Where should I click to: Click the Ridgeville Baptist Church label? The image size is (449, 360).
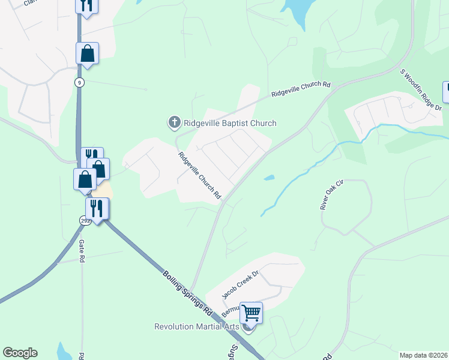tap(229, 123)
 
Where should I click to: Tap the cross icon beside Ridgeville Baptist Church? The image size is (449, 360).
tap(174, 123)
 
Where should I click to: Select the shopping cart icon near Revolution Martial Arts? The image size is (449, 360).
tap(251, 313)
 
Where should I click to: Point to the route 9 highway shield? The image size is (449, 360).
tap(79, 82)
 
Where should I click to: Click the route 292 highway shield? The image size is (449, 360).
tap(85, 220)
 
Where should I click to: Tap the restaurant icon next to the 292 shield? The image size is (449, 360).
tap(97, 209)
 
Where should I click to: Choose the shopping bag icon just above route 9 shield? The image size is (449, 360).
tap(87, 53)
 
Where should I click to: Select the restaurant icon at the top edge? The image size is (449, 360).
tap(86, 5)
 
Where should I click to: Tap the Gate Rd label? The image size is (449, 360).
tap(82, 251)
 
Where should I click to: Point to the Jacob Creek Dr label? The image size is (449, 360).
tap(240, 284)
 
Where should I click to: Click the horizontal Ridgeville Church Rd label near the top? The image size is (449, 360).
tap(301, 89)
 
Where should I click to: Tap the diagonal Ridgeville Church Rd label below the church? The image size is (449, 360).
tap(200, 175)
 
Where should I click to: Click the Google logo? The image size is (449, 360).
tap(20, 353)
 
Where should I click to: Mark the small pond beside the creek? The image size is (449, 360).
tap(269, 178)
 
